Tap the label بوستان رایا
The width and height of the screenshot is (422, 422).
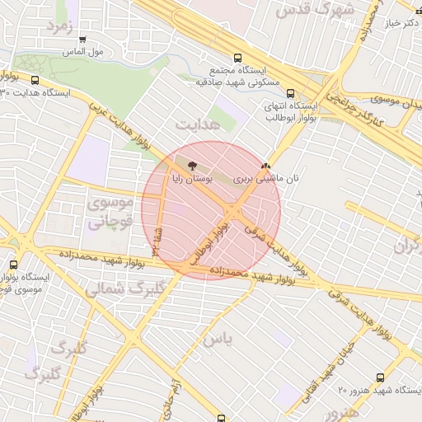(x=192, y=177)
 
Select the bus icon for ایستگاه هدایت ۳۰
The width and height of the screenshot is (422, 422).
(x=35, y=80)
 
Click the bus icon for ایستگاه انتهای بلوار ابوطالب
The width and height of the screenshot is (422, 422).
(x=306, y=94)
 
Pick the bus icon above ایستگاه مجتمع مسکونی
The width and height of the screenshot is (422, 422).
(x=238, y=59)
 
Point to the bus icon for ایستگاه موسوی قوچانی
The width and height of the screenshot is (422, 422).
(x=13, y=265)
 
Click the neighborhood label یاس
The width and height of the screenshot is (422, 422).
(x=219, y=339)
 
